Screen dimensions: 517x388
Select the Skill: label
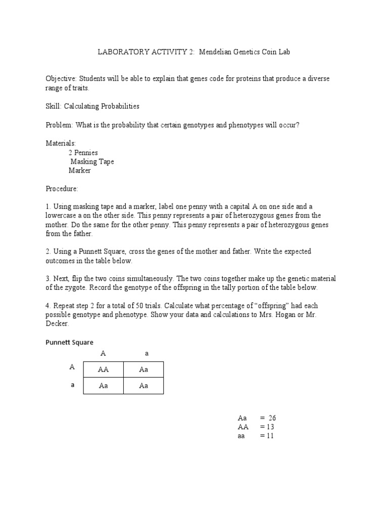coord(54,107)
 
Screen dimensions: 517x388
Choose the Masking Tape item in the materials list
coord(92,162)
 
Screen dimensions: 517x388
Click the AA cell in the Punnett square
coord(103,370)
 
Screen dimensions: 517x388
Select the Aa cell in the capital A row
coord(143,370)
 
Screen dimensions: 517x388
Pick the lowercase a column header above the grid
coord(147,354)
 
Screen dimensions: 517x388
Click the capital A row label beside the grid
coord(72,368)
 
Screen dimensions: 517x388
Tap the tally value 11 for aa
coord(269,436)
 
